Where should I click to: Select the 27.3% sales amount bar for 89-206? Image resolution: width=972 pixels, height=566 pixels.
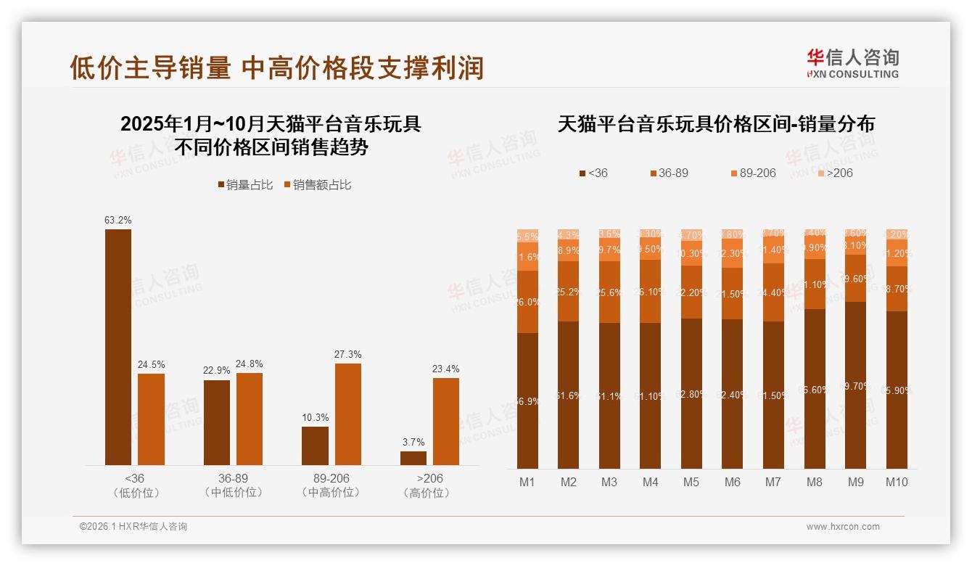(x=347, y=414)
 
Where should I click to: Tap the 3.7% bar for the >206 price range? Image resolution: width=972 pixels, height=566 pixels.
(x=413, y=458)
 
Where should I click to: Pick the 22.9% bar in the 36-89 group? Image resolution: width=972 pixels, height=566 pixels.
(x=217, y=422)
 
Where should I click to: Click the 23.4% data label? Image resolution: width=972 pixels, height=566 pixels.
(x=445, y=369)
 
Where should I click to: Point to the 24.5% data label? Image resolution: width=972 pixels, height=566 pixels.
(x=151, y=364)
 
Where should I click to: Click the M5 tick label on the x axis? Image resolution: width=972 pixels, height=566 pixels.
(x=691, y=482)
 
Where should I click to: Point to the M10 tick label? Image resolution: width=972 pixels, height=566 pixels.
(x=897, y=482)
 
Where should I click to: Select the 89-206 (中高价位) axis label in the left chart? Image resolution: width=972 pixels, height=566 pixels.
(x=331, y=485)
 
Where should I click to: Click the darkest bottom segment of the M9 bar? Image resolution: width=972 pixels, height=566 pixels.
(x=856, y=385)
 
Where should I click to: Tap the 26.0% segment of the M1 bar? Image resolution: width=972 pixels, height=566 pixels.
(x=528, y=302)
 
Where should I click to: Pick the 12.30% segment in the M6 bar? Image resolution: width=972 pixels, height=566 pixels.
(x=733, y=254)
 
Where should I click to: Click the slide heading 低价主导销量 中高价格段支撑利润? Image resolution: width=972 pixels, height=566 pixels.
(x=276, y=68)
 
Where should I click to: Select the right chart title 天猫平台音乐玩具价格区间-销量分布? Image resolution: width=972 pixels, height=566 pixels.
(x=716, y=124)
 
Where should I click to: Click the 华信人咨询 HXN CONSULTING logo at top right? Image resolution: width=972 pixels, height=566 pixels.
(x=852, y=63)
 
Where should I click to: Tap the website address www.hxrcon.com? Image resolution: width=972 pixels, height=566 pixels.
(x=843, y=527)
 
